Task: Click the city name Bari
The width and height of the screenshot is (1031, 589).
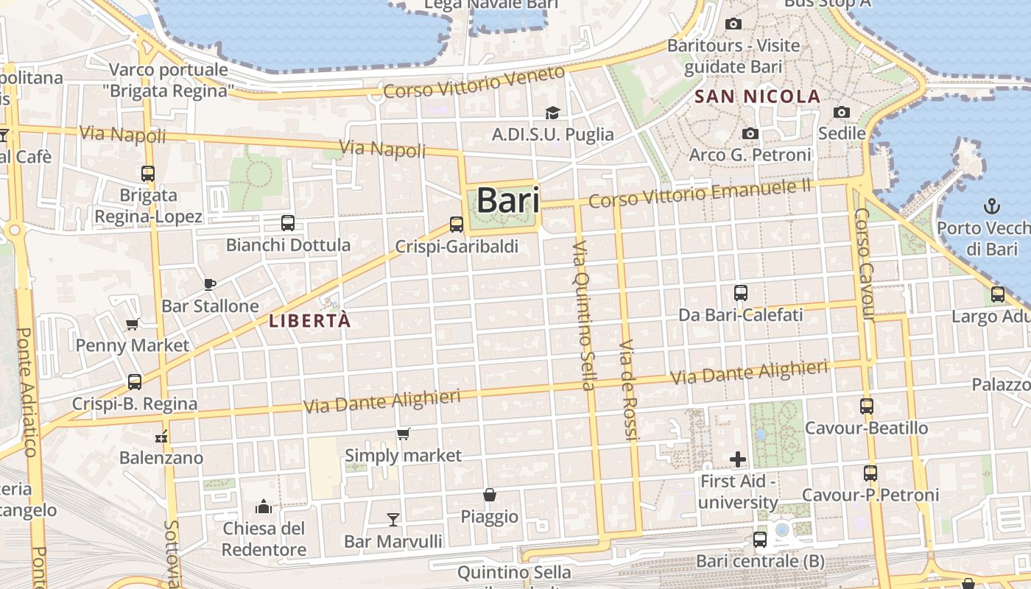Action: [508, 200]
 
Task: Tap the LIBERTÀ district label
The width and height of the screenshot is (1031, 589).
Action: [309, 321]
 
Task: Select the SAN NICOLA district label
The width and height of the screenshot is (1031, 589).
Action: [757, 96]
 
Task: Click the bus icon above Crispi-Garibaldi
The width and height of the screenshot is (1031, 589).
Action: [457, 225]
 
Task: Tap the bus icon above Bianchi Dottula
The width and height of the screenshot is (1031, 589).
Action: [288, 222]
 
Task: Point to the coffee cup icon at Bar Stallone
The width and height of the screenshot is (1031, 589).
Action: [210, 284]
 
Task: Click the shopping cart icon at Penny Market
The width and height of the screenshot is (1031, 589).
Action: [133, 324]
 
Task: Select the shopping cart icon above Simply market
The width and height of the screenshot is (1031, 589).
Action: [403, 434]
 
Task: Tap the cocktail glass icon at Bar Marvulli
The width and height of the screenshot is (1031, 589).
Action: [393, 520]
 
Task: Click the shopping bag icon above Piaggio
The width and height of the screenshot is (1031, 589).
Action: [490, 495]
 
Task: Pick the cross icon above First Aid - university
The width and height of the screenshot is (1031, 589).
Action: [738, 460]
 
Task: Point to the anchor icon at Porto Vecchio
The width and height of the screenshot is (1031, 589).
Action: [991, 205]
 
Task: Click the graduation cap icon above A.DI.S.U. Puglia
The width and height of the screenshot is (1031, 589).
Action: [552, 113]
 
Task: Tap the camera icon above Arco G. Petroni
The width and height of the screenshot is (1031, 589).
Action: [750, 133]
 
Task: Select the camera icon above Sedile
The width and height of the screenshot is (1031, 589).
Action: [842, 112]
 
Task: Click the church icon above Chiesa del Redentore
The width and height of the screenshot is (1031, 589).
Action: [264, 507]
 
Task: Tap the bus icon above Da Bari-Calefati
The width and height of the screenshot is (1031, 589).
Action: [741, 293]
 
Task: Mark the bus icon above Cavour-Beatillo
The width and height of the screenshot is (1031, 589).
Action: [867, 406]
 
